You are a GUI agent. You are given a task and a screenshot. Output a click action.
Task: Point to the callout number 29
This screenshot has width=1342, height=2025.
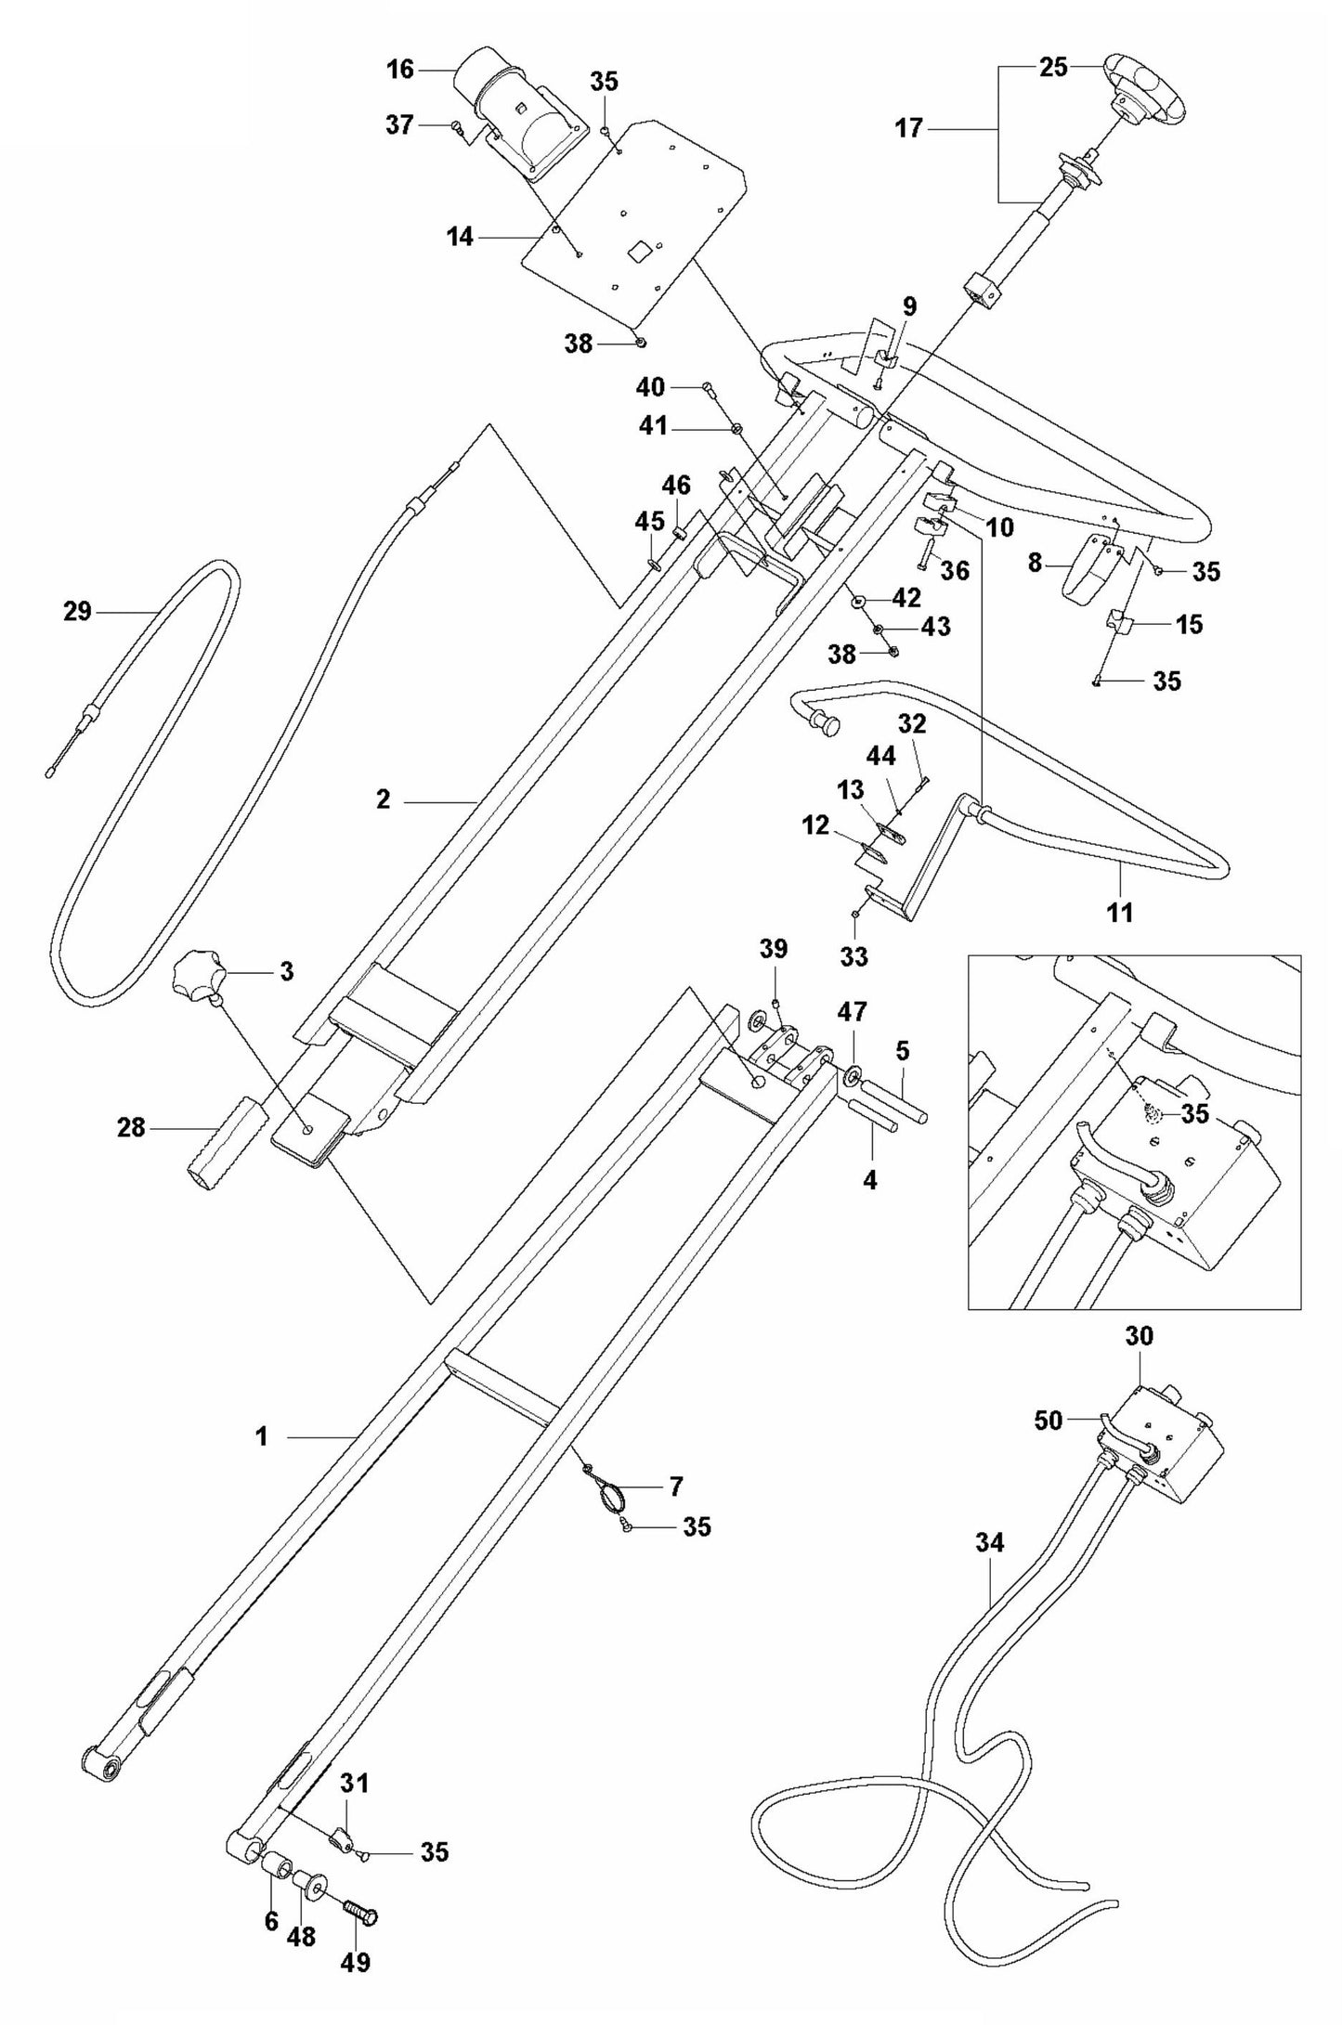77,611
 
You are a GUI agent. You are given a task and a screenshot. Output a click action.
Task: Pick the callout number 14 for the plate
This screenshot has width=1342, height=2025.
459,238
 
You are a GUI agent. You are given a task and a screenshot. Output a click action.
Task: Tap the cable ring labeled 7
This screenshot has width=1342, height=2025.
610,1496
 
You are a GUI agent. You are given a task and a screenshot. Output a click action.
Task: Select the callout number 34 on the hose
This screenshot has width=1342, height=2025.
990,1543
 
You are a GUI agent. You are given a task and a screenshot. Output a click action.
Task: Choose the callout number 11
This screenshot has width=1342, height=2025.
1120,912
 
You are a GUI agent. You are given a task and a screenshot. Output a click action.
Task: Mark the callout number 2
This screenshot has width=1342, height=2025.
384,798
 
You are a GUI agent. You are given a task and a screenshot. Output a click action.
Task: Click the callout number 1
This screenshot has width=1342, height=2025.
262,1437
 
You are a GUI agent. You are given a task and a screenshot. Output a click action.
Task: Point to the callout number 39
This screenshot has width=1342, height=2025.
773,949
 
